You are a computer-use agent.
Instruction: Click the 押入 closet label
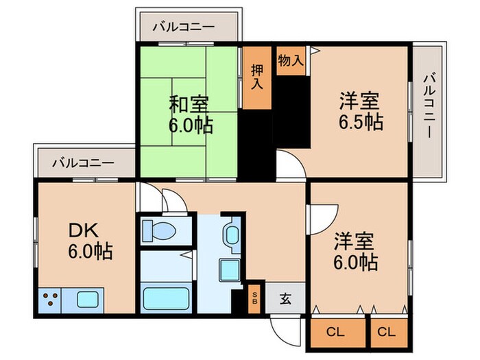257,77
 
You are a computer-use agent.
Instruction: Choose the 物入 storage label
291,60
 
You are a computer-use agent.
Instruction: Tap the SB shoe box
255,299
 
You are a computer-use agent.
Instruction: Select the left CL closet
335,333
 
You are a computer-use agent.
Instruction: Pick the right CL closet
387,333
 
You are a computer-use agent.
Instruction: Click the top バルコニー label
183,27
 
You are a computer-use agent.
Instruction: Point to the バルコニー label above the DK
83,163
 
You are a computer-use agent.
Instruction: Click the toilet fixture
159,230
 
